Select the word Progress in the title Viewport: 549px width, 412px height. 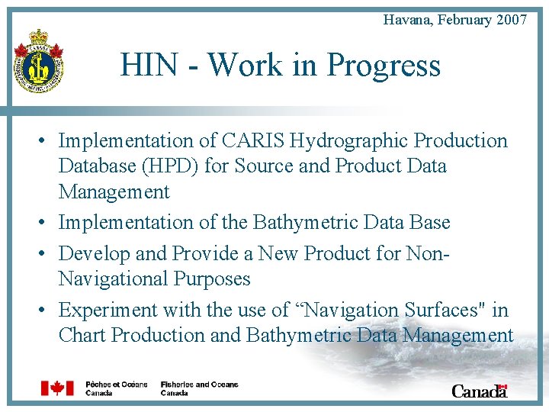click(x=384, y=66)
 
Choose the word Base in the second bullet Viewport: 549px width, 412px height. click(x=426, y=223)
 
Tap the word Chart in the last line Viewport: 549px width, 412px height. click(x=82, y=336)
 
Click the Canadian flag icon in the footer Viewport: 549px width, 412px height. click(x=57, y=388)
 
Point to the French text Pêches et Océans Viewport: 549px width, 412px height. click(x=116, y=385)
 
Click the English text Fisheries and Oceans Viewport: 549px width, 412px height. click(x=199, y=385)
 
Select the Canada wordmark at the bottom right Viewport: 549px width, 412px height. click(x=479, y=391)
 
